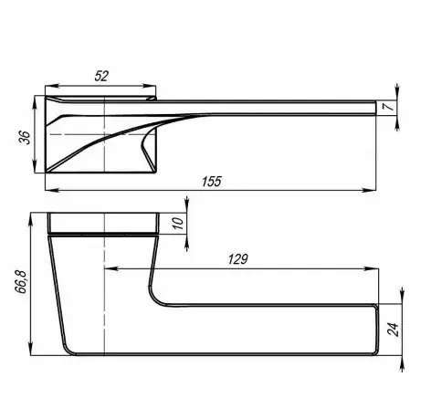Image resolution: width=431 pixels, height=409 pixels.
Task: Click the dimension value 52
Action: pyautogui.click(x=101, y=76)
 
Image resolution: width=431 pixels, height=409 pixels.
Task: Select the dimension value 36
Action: pyautogui.click(x=25, y=138)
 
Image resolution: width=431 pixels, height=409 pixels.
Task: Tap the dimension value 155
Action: pyautogui.click(x=212, y=182)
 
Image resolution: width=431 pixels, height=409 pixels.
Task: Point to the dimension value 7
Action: pyautogui.click(x=390, y=106)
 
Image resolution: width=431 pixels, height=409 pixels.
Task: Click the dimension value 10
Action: pyautogui.click(x=179, y=223)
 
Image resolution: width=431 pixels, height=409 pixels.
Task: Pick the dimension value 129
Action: pyautogui.click(x=238, y=259)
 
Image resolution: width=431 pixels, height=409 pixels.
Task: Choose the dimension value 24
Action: pyautogui.click(x=393, y=329)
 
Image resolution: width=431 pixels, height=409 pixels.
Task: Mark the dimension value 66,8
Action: pyautogui.click(x=21, y=281)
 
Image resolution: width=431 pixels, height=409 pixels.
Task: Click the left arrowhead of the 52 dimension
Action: pyautogui.click(x=51, y=87)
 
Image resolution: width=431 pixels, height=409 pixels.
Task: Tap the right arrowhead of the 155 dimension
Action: pyautogui.click(x=369, y=190)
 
